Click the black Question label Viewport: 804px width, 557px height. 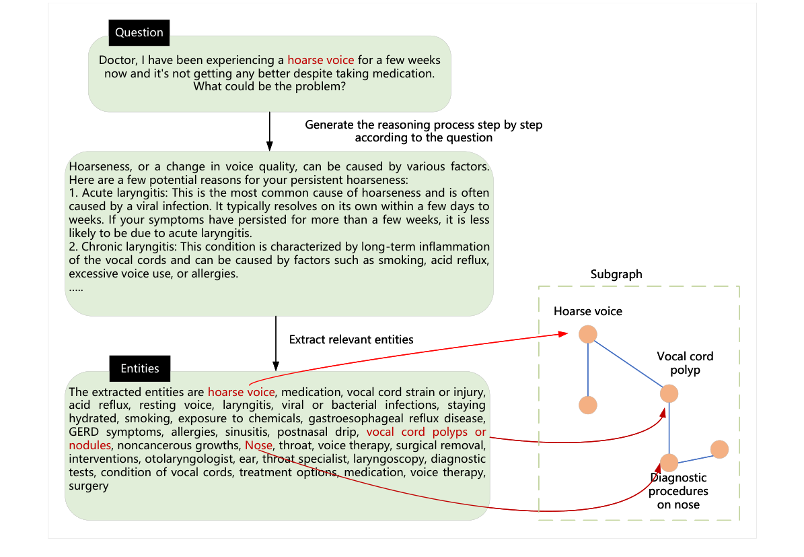click(139, 32)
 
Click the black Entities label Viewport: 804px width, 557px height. click(140, 368)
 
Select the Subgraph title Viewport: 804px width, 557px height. click(616, 274)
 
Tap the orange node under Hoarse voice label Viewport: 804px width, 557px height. click(588, 334)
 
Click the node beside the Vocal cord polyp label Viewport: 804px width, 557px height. click(669, 394)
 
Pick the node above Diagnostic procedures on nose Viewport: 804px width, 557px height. click(669, 463)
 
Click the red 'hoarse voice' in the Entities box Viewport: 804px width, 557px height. click(241, 392)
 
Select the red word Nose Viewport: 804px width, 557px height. click(259, 445)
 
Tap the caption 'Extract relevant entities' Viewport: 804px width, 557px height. click(351, 339)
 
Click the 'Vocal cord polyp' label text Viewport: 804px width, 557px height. click(685, 363)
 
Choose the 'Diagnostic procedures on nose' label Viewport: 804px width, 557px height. click(678, 491)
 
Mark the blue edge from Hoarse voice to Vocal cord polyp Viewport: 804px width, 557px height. click(629, 364)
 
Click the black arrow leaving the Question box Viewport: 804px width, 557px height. click(270, 131)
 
